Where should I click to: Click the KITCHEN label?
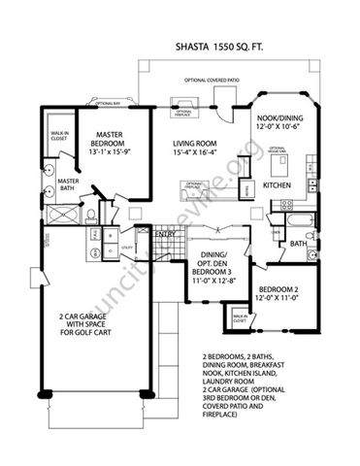[x=279, y=184]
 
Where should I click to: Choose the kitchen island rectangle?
[x=275, y=163]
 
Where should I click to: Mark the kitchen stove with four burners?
[x=287, y=204]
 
